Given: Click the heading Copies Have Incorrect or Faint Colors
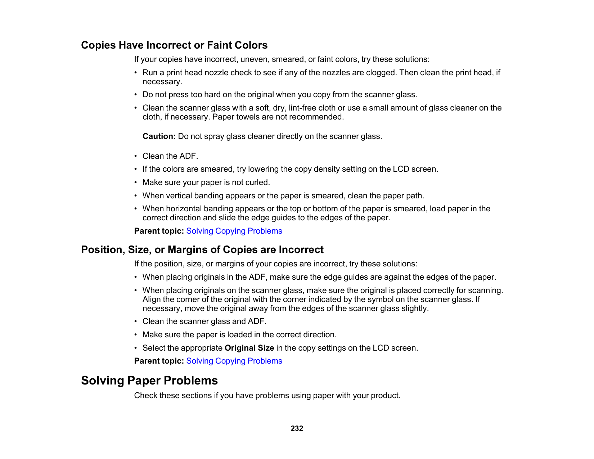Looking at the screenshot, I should point(174,45).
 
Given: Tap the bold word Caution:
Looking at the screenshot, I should point(159,136).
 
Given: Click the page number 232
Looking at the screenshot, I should point(297,428).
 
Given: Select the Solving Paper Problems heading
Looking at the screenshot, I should point(149,381).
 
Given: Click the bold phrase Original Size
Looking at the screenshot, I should point(249,348).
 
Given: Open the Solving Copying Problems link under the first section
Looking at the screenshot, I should point(234,231).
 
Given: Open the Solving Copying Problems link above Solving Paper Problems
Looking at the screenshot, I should point(234,361).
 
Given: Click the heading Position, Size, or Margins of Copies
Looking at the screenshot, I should point(202,250).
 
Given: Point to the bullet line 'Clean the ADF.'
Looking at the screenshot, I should point(170,156).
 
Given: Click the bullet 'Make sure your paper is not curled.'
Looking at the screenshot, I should point(206,183).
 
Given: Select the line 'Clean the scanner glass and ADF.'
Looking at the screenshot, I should point(204,321).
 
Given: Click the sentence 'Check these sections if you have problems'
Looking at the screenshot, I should point(267,396).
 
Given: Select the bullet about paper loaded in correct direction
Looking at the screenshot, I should point(239,335).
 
